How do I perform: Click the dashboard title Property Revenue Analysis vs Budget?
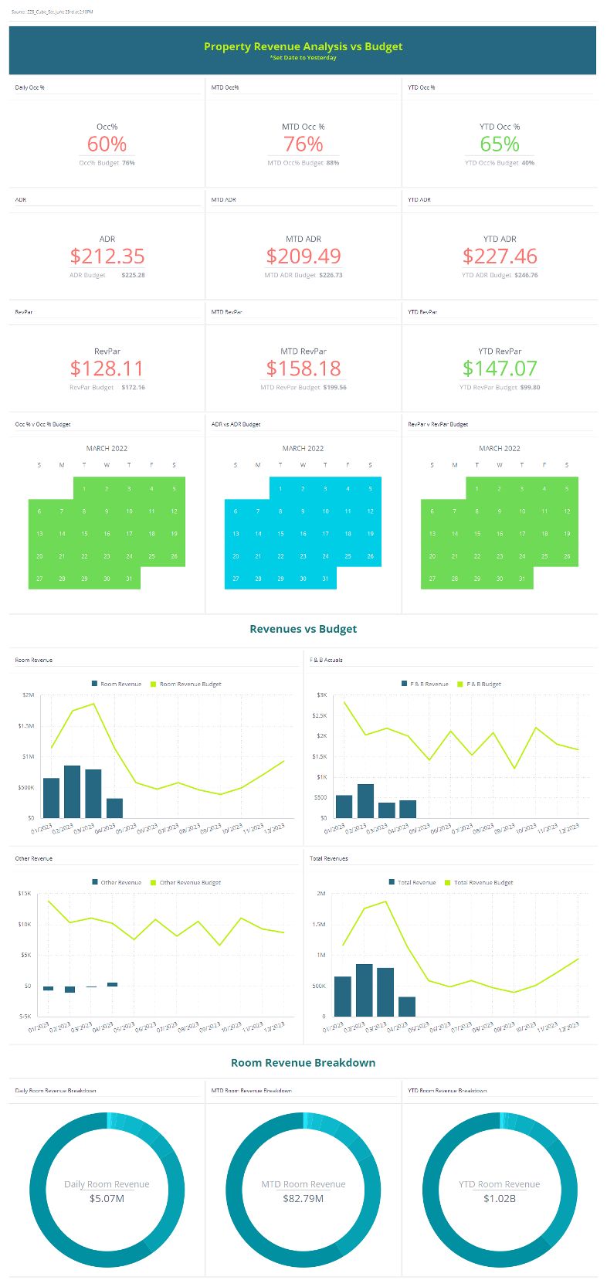coord(303,46)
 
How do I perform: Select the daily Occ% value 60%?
coord(107,144)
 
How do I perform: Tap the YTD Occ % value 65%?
coord(500,144)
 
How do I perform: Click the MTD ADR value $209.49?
coord(303,256)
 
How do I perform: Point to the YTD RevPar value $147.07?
coord(500,368)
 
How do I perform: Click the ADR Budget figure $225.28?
coord(133,275)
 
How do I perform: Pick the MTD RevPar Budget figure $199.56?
coord(334,387)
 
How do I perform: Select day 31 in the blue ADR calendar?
coord(325,578)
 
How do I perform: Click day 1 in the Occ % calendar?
coord(84,488)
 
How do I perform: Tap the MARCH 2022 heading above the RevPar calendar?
coord(500,448)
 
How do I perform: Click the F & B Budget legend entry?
coord(483,684)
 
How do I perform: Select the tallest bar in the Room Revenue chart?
coord(72,791)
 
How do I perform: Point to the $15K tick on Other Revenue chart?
coord(25,893)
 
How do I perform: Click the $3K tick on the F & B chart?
coord(322,694)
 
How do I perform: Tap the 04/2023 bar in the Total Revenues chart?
coord(407,1006)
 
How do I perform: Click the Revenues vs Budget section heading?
coord(303,629)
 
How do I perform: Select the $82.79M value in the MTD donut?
coord(303,1198)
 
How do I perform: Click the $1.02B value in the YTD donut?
coord(500,1198)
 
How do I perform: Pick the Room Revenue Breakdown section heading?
coord(303,1063)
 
